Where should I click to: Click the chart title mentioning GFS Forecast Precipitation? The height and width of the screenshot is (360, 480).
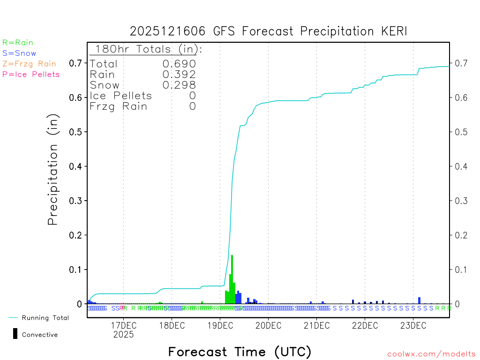point(269,31)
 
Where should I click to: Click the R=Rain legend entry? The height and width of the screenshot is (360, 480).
point(18,43)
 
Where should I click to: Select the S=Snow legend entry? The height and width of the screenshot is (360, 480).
point(19,53)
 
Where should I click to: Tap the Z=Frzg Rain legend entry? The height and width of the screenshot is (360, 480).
point(29,64)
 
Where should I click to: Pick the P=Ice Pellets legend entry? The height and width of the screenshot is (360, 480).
point(31,74)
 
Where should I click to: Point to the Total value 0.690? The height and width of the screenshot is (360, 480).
point(179,64)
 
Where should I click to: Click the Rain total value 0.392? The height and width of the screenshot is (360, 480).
point(179,75)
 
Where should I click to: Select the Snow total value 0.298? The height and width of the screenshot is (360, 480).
point(179,85)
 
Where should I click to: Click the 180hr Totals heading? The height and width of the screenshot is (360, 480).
point(147,49)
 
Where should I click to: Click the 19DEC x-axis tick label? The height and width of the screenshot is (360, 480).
point(220,326)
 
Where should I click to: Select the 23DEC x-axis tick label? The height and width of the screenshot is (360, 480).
point(413,326)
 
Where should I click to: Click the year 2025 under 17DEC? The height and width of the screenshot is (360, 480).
point(123,335)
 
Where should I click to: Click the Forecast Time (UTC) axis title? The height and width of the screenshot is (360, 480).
point(240,352)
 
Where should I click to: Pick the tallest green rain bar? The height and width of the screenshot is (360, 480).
point(232,279)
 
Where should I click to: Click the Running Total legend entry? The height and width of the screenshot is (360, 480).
point(45,318)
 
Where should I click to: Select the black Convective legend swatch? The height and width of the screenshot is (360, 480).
point(15,333)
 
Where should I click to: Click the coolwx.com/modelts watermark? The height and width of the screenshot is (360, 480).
point(431,354)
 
